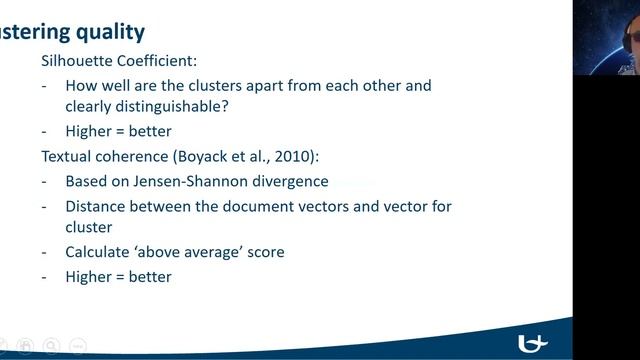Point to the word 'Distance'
pyautogui.click(x=97, y=206)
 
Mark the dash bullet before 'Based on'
pyautogui.click(x=44, y=181)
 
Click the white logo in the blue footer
pyautogui.click(x=534, y=342)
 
